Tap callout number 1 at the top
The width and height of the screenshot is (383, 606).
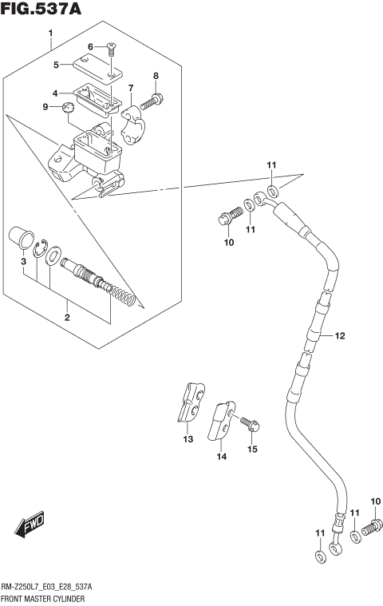pyautogui.click(x=50, y=34)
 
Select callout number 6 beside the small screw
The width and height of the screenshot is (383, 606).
pyautogui.click(x=90, y=46)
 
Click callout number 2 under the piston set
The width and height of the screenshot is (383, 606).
pyautogui.click(x=67, y=318)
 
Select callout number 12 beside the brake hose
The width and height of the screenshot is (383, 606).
pyautogui.click(x=339, y=336)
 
